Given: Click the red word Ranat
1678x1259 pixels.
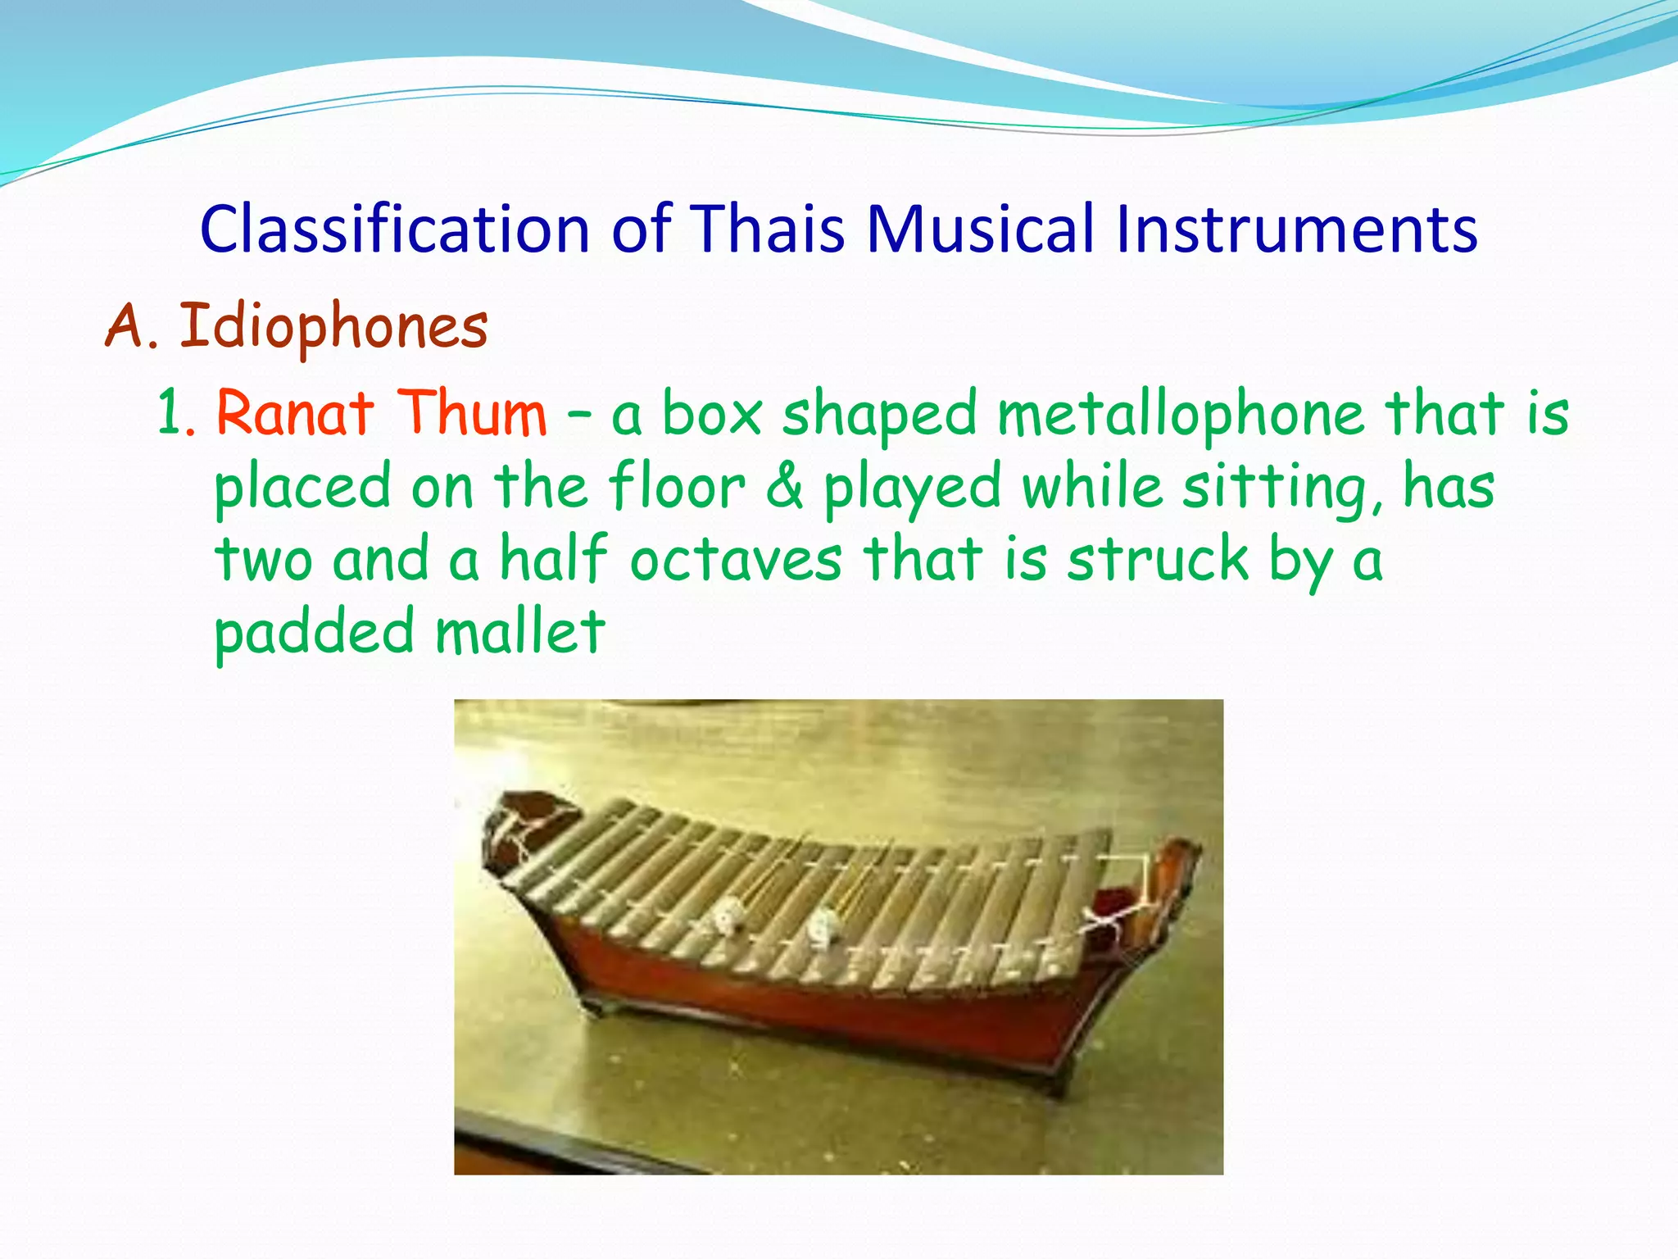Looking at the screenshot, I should click(295, 413).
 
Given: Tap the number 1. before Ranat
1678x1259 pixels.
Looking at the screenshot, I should click(176, 413).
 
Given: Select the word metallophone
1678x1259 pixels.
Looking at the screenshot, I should click(1181, 413).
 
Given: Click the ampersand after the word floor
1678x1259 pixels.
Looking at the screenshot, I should click(785, 487).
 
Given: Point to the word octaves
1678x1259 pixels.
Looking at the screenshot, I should click(736, 560).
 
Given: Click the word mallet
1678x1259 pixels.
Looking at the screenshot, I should click(520, 632).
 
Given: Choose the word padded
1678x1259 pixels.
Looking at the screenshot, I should click(315, 634).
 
